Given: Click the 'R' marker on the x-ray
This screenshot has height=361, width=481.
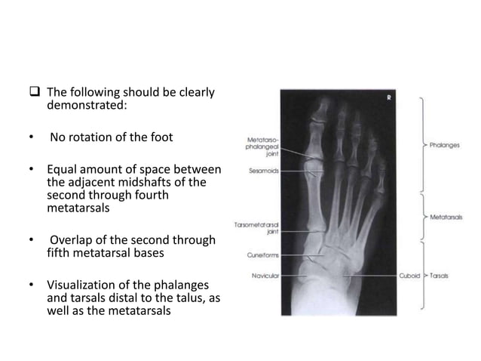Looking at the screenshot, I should (388, 97).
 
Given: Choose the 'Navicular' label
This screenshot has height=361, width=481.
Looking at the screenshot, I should (265, 275).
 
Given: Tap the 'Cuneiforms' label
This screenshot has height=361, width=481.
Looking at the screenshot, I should (263, 255).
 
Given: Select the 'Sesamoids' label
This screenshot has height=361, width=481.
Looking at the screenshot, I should (265, 171).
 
